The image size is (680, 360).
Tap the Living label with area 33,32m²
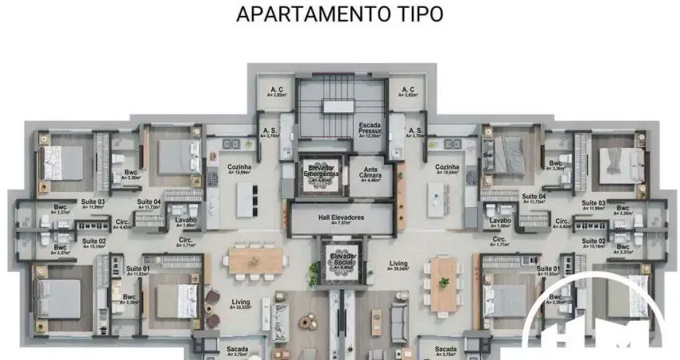[x=241, y=305]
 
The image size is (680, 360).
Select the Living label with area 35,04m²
[x=398, y=266]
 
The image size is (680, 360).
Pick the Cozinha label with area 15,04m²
[x=447, y=168]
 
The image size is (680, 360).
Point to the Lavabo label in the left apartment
[x=186, y=222]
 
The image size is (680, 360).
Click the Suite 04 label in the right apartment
[x=534, y=198]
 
